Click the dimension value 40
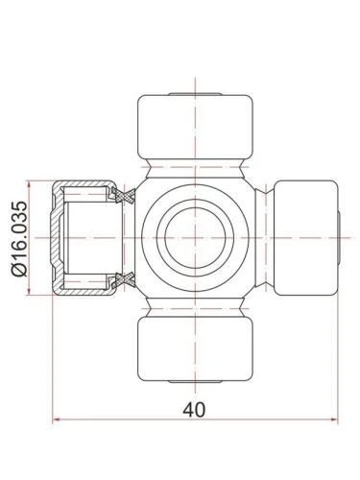pos(194,410)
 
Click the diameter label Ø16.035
pos(19,239)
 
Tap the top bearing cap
pos(195,127)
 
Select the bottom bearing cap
pos(195,348)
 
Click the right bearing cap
pos(306,238)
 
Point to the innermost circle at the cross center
pos(195,238)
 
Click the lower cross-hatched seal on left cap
pos(123,280)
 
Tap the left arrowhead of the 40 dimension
pos(57,420)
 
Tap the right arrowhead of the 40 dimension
pos(334,420)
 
